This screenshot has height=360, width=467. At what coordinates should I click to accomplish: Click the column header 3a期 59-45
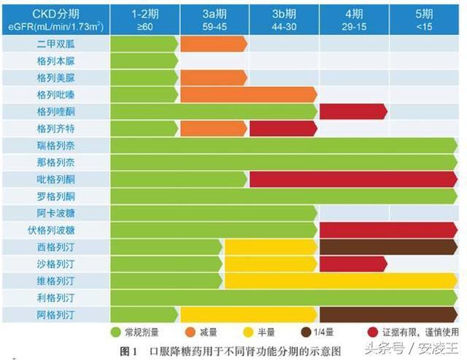coord(214,18)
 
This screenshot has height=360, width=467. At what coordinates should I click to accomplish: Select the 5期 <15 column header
coord(423,18)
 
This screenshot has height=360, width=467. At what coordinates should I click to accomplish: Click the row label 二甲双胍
coord(55,44)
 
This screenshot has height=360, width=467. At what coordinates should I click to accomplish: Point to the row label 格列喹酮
coord(55,112)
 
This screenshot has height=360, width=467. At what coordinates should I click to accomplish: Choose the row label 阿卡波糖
coord(55,213)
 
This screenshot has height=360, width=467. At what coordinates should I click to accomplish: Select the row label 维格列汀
coord(55,281)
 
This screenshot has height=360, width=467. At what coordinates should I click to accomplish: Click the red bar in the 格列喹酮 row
coord(353,112)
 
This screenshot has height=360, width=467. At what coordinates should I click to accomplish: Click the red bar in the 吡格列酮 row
coord(353,180)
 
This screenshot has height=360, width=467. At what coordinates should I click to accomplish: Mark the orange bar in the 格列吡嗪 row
coord(248,95)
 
